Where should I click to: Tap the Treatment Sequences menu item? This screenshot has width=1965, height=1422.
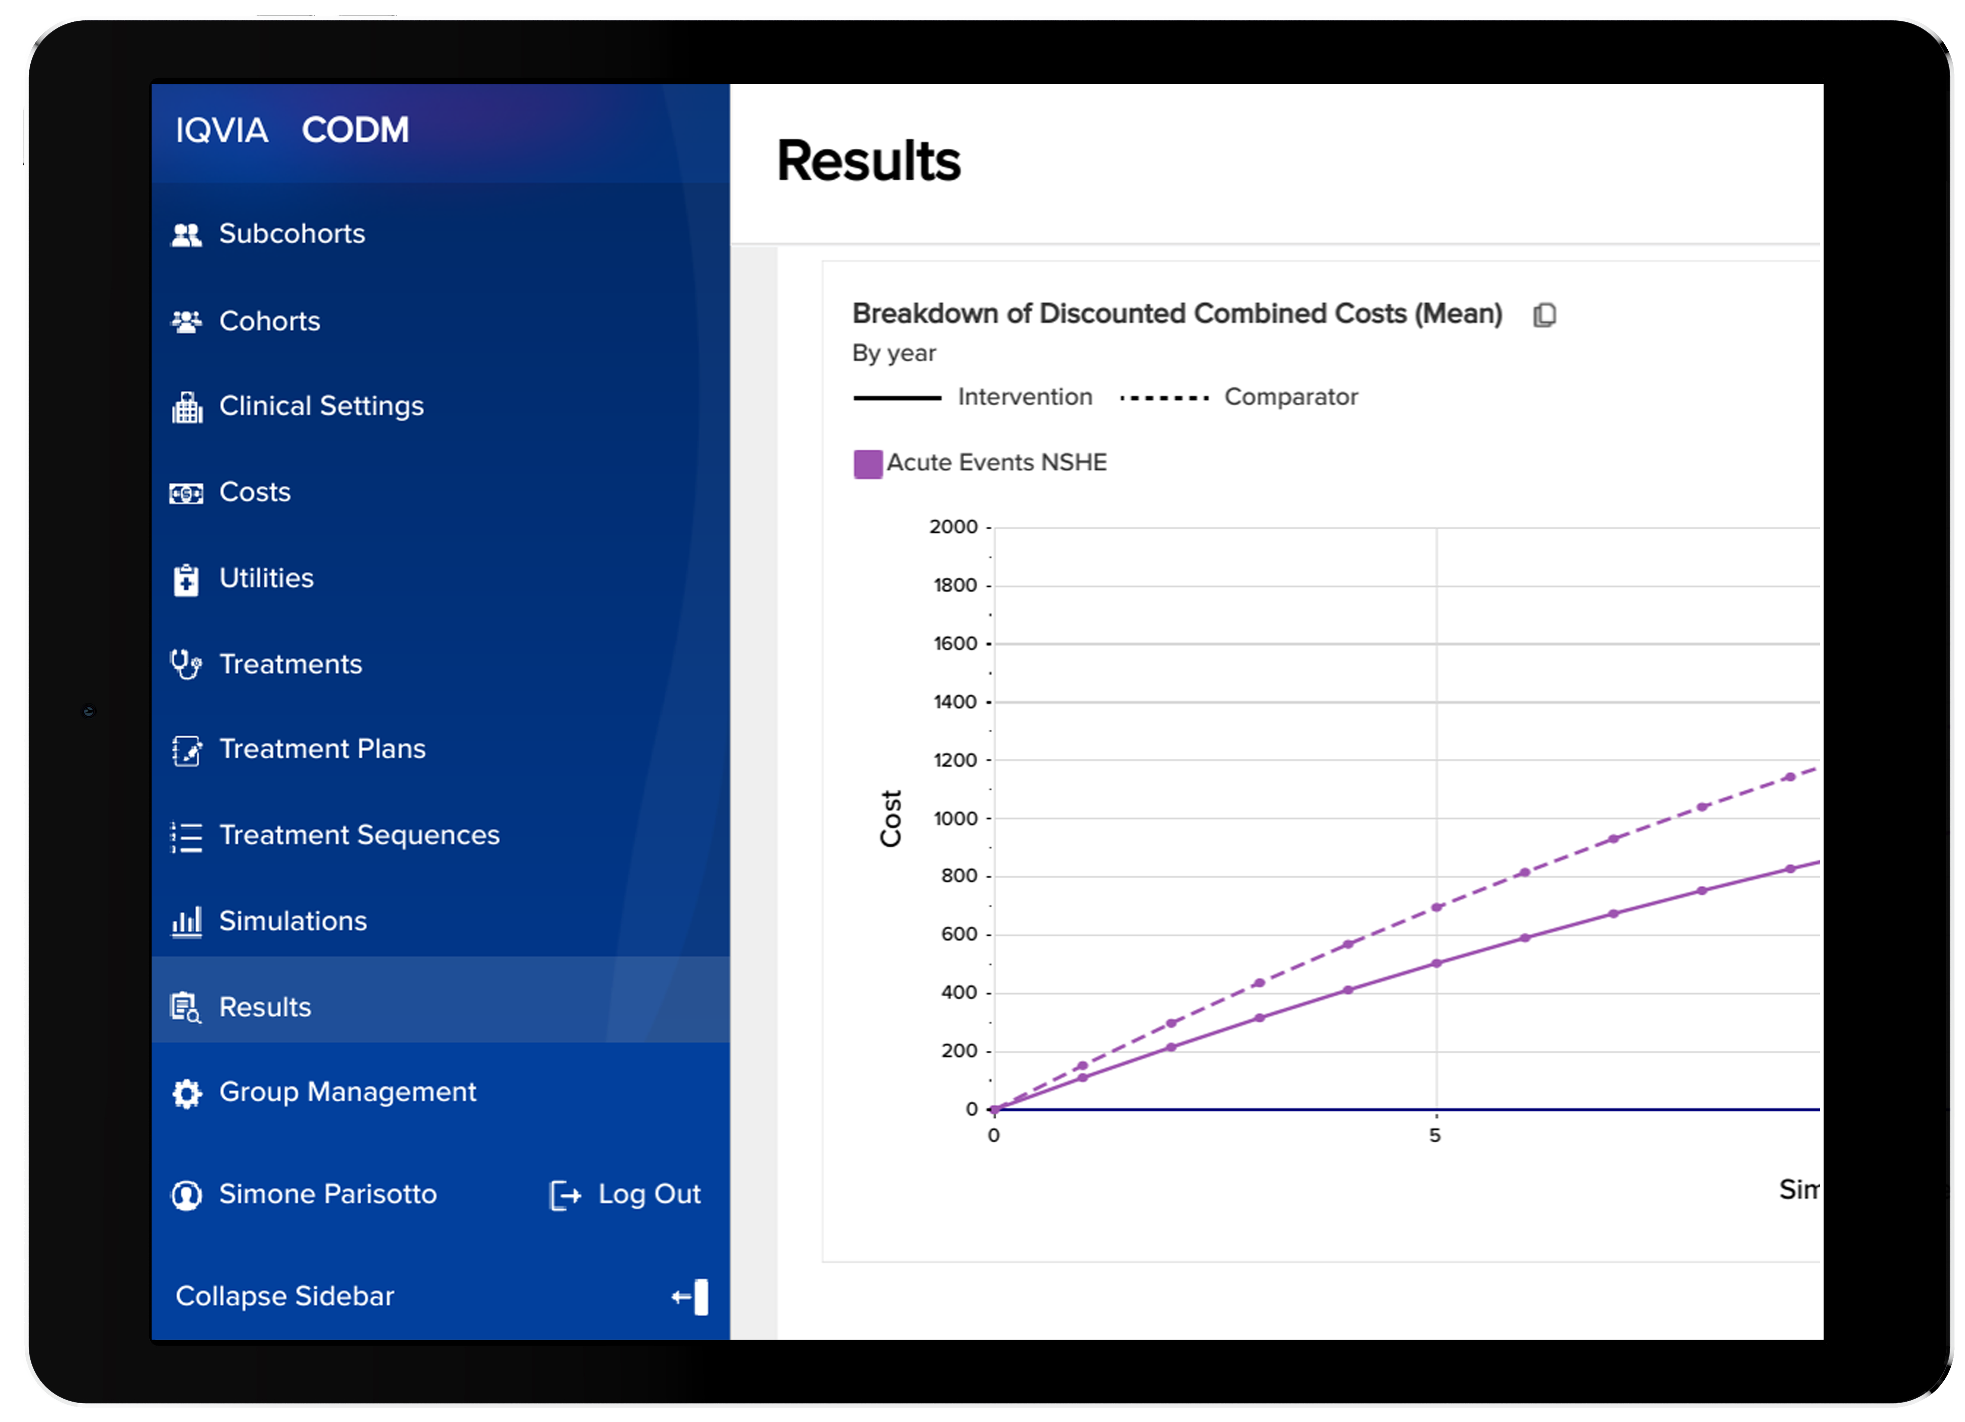click(x=359, y=835)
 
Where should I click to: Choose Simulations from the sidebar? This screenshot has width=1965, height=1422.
click(x=293, y=920)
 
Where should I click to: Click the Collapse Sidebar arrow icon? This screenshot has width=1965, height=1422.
click(x=690, y=1296)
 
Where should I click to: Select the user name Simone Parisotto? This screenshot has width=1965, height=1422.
click(x=327, y=1194)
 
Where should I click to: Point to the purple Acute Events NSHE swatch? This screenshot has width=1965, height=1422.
click(x=867, y=463)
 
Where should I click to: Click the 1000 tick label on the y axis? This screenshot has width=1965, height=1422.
click(x=955, y=818)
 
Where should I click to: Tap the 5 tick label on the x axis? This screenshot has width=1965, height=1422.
click(x=1435, y=1135)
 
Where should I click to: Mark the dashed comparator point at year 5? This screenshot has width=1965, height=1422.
click(x=1436, y=907)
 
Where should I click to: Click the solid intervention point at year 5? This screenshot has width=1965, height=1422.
click(x=1436, y=963)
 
